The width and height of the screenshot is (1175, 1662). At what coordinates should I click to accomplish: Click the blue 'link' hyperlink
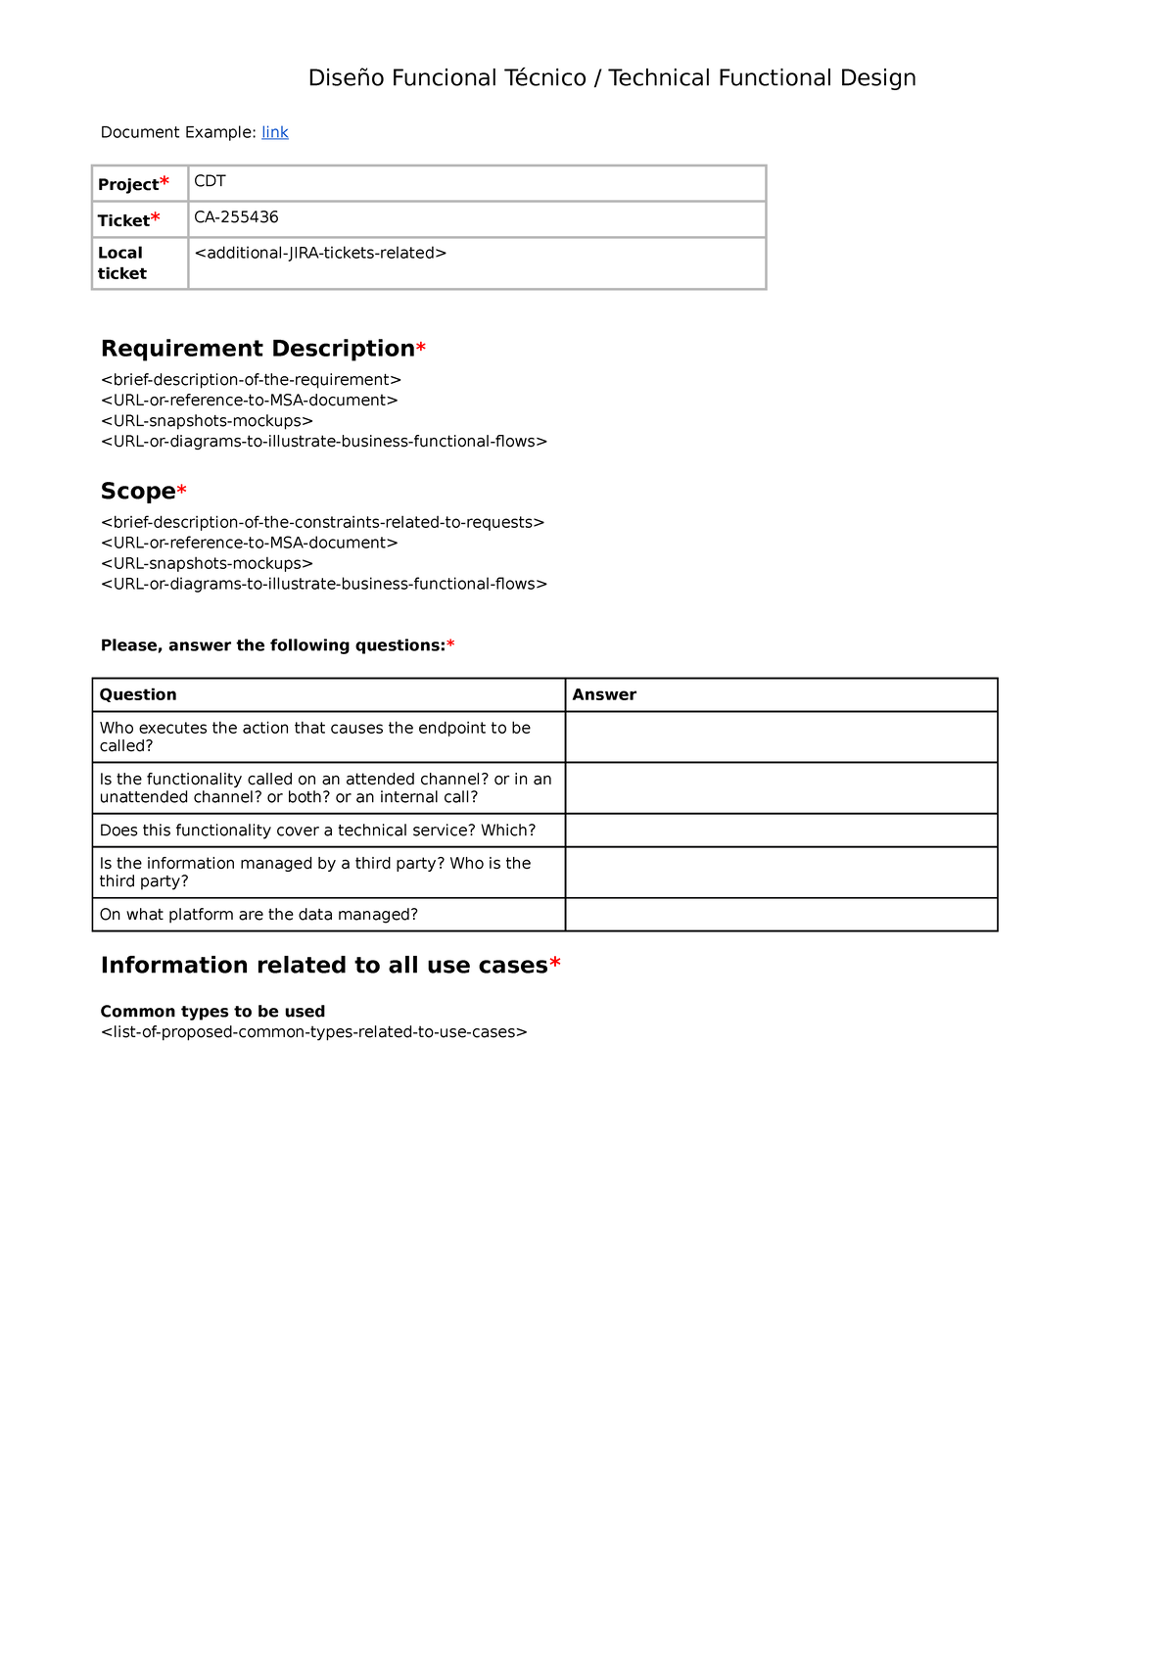point(274,132)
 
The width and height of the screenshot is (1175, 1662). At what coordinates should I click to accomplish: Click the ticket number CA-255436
point(236,217)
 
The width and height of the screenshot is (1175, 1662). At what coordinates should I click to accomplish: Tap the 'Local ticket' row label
point(121,263)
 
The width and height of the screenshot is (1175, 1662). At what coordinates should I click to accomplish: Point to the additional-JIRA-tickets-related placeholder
point(320,253)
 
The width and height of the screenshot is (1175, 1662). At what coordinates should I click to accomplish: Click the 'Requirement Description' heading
point(258,349)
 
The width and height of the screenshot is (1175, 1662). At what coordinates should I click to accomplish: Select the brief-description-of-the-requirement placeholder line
point(251,380)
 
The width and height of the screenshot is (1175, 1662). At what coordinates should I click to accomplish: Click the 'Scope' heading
point(138,492)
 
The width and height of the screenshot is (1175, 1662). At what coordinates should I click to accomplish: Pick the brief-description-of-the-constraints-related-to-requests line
point(322,523)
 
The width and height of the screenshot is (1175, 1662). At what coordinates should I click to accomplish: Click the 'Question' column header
point(138,694)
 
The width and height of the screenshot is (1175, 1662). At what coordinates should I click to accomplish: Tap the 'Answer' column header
point(604,694)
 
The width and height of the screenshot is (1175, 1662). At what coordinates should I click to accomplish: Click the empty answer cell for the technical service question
point(780,831)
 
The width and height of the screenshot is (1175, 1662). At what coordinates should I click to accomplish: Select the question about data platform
point(258,915)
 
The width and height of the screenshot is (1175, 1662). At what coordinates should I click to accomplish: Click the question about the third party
point(314,872)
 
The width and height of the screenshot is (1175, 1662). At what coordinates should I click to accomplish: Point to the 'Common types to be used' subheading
point(212,1012)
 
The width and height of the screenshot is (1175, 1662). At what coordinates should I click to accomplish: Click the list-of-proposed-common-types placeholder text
point(313,1032)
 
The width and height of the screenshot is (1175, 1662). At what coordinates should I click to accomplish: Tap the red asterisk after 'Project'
point(164,183)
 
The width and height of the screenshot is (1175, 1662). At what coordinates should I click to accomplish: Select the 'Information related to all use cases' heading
point(324,966)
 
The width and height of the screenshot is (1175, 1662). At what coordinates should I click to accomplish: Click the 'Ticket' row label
point(123,220)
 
